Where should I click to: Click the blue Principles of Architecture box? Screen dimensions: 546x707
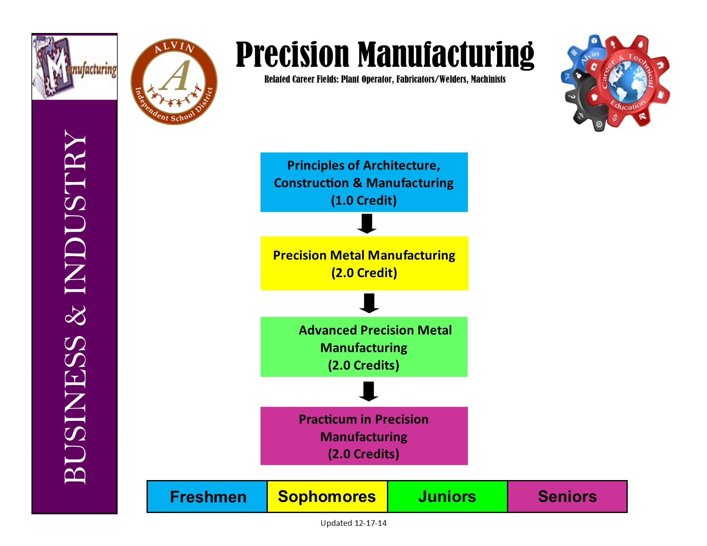pos(364,182)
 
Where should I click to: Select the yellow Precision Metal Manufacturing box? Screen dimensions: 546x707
pos(364,263)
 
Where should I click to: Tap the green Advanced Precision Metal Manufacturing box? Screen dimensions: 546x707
pos(364,347)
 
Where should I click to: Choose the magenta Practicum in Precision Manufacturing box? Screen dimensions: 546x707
pos(364,436)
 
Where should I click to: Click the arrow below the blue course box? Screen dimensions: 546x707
pos(367,224)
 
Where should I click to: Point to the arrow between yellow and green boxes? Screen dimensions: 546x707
pos(369,303)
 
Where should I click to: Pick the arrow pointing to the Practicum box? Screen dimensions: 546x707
pos(368,391)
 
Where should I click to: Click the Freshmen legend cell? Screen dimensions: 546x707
pos(207,497)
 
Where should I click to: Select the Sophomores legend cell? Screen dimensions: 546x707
pos(327,497)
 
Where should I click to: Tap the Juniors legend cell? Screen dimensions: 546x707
pos(447,497)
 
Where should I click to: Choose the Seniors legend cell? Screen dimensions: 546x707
pos(567,497)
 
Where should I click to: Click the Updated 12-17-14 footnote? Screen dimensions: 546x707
pos(353,523)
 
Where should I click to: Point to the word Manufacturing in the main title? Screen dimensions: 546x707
pos(446,55)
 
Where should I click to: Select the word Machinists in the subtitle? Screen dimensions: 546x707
pos(488,79)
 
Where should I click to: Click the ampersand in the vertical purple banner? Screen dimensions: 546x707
pos(75,315)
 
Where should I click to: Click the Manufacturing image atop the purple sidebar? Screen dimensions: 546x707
pos(75,67)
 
